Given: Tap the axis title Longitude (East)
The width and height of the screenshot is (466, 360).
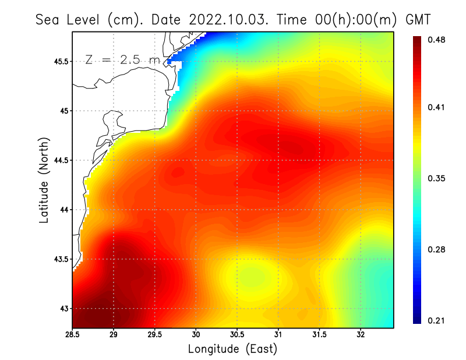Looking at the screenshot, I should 232,349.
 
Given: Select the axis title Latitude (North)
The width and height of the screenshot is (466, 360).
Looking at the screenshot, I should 44,180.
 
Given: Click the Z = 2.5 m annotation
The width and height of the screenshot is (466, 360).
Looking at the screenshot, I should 122,59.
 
